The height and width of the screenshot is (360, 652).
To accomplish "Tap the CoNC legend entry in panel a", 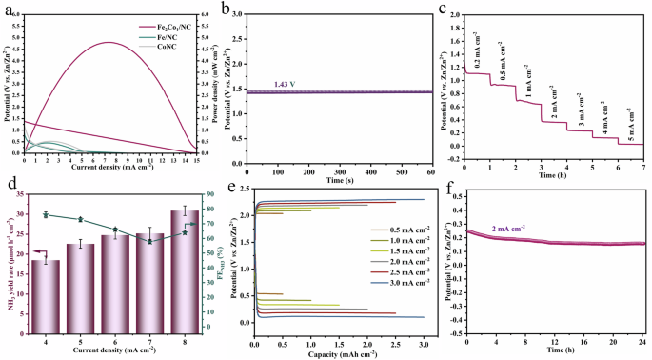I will pyautogui.click(x=173, y=46).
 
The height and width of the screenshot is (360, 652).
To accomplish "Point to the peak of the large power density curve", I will pyautogui.click(x=109, y=42).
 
